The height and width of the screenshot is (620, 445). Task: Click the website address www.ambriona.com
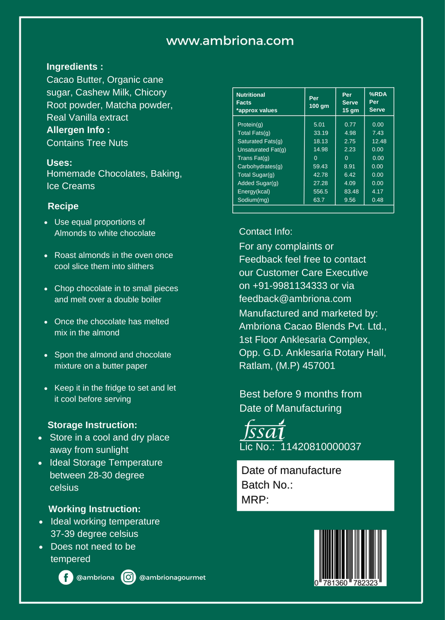click(x=230, y=41)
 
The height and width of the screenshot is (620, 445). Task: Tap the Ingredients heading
click(x=75, y=67)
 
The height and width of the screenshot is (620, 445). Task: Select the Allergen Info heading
click(x=78, y=130)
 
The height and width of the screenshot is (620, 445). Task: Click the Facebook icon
click(x=65, y=578)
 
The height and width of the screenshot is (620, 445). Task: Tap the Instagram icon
click(x=129, y=578)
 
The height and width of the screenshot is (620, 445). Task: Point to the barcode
click(x=350, y=558)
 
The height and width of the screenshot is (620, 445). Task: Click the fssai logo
click(x=263, y=430)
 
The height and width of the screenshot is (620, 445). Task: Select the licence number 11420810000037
click(x=321, y=447)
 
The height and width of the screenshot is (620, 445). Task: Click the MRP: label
click(x=255, y=500)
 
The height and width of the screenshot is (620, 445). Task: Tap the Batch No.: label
click(x=267, y=485)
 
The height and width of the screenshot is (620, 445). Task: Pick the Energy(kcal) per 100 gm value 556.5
click(x=321, y=191)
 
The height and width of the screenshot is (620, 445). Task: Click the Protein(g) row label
click(x=250, y=125)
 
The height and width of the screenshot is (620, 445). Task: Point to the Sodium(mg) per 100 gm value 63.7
click(x=319, y=200)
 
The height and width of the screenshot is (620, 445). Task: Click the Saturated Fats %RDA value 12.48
click(x=379, y=141)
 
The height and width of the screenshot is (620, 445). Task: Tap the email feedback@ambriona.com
click(x=295, y=298)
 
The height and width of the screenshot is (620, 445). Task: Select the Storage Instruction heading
click(x=92, y=425)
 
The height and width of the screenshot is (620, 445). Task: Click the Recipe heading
click(x=63, y=206)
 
